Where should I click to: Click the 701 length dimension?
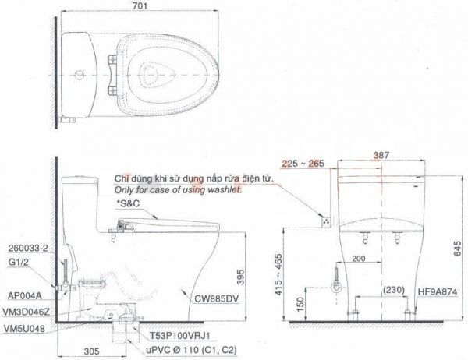click(140, 5)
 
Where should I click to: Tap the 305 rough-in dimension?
click(91, 351)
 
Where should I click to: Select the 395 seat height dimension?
click(240, 277)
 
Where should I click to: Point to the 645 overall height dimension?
click(457, 249)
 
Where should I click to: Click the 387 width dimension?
click(381, 155)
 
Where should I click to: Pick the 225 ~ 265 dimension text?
click(303, 164)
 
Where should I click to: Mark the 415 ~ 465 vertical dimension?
click(278, 275)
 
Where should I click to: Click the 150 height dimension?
click(301, 304)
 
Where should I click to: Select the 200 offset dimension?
click(358, 258)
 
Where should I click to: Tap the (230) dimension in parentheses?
click(394, 290)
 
